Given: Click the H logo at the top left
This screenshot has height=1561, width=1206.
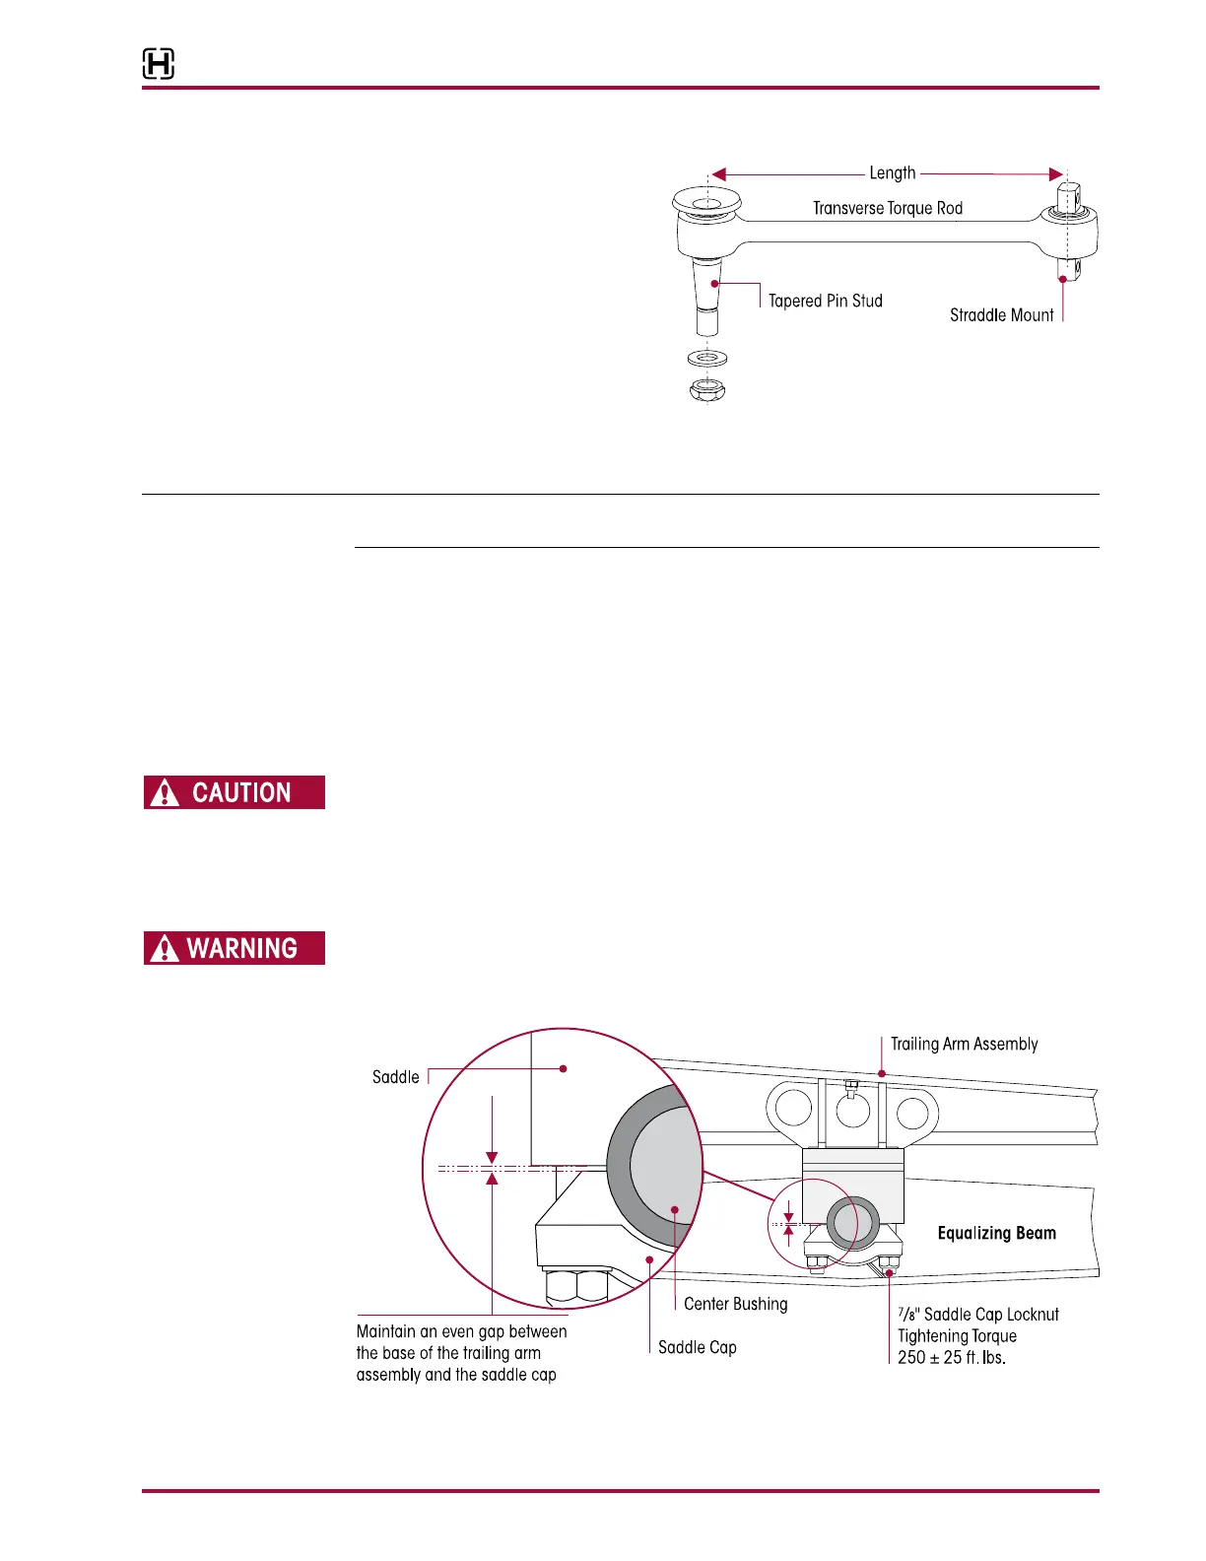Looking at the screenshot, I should [159, 64].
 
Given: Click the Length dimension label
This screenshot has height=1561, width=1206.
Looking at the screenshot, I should [892, 173].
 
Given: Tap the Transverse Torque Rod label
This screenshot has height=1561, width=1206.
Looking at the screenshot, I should [887, 208].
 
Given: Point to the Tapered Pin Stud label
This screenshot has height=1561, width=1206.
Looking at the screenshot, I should [825, 301].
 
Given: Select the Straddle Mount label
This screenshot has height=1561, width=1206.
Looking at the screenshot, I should [1001, 315].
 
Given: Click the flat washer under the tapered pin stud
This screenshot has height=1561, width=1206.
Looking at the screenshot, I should [706, 357].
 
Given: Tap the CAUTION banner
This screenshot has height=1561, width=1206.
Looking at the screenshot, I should [234, 792].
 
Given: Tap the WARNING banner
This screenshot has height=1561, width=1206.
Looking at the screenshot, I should [234, 948].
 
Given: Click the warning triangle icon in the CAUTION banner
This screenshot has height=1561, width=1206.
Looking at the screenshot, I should [165, 793].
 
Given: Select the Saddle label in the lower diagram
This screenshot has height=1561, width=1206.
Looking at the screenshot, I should [395, 1077].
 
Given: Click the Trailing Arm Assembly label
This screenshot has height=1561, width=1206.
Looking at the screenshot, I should [964, 1044].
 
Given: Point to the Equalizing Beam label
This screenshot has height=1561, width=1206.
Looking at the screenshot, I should [996, 1233].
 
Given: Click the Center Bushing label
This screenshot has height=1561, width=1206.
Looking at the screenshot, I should [735, 1304].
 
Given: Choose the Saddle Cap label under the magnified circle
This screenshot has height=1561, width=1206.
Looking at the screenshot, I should [697, 1347].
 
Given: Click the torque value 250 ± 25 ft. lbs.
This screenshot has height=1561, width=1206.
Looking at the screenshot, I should [951, 1357].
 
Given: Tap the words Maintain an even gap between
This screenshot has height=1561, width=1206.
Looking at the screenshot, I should [461, 1331].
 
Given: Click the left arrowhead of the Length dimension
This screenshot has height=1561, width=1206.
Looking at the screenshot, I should [718, 174].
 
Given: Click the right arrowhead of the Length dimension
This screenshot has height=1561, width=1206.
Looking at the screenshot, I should [1055, 174].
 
